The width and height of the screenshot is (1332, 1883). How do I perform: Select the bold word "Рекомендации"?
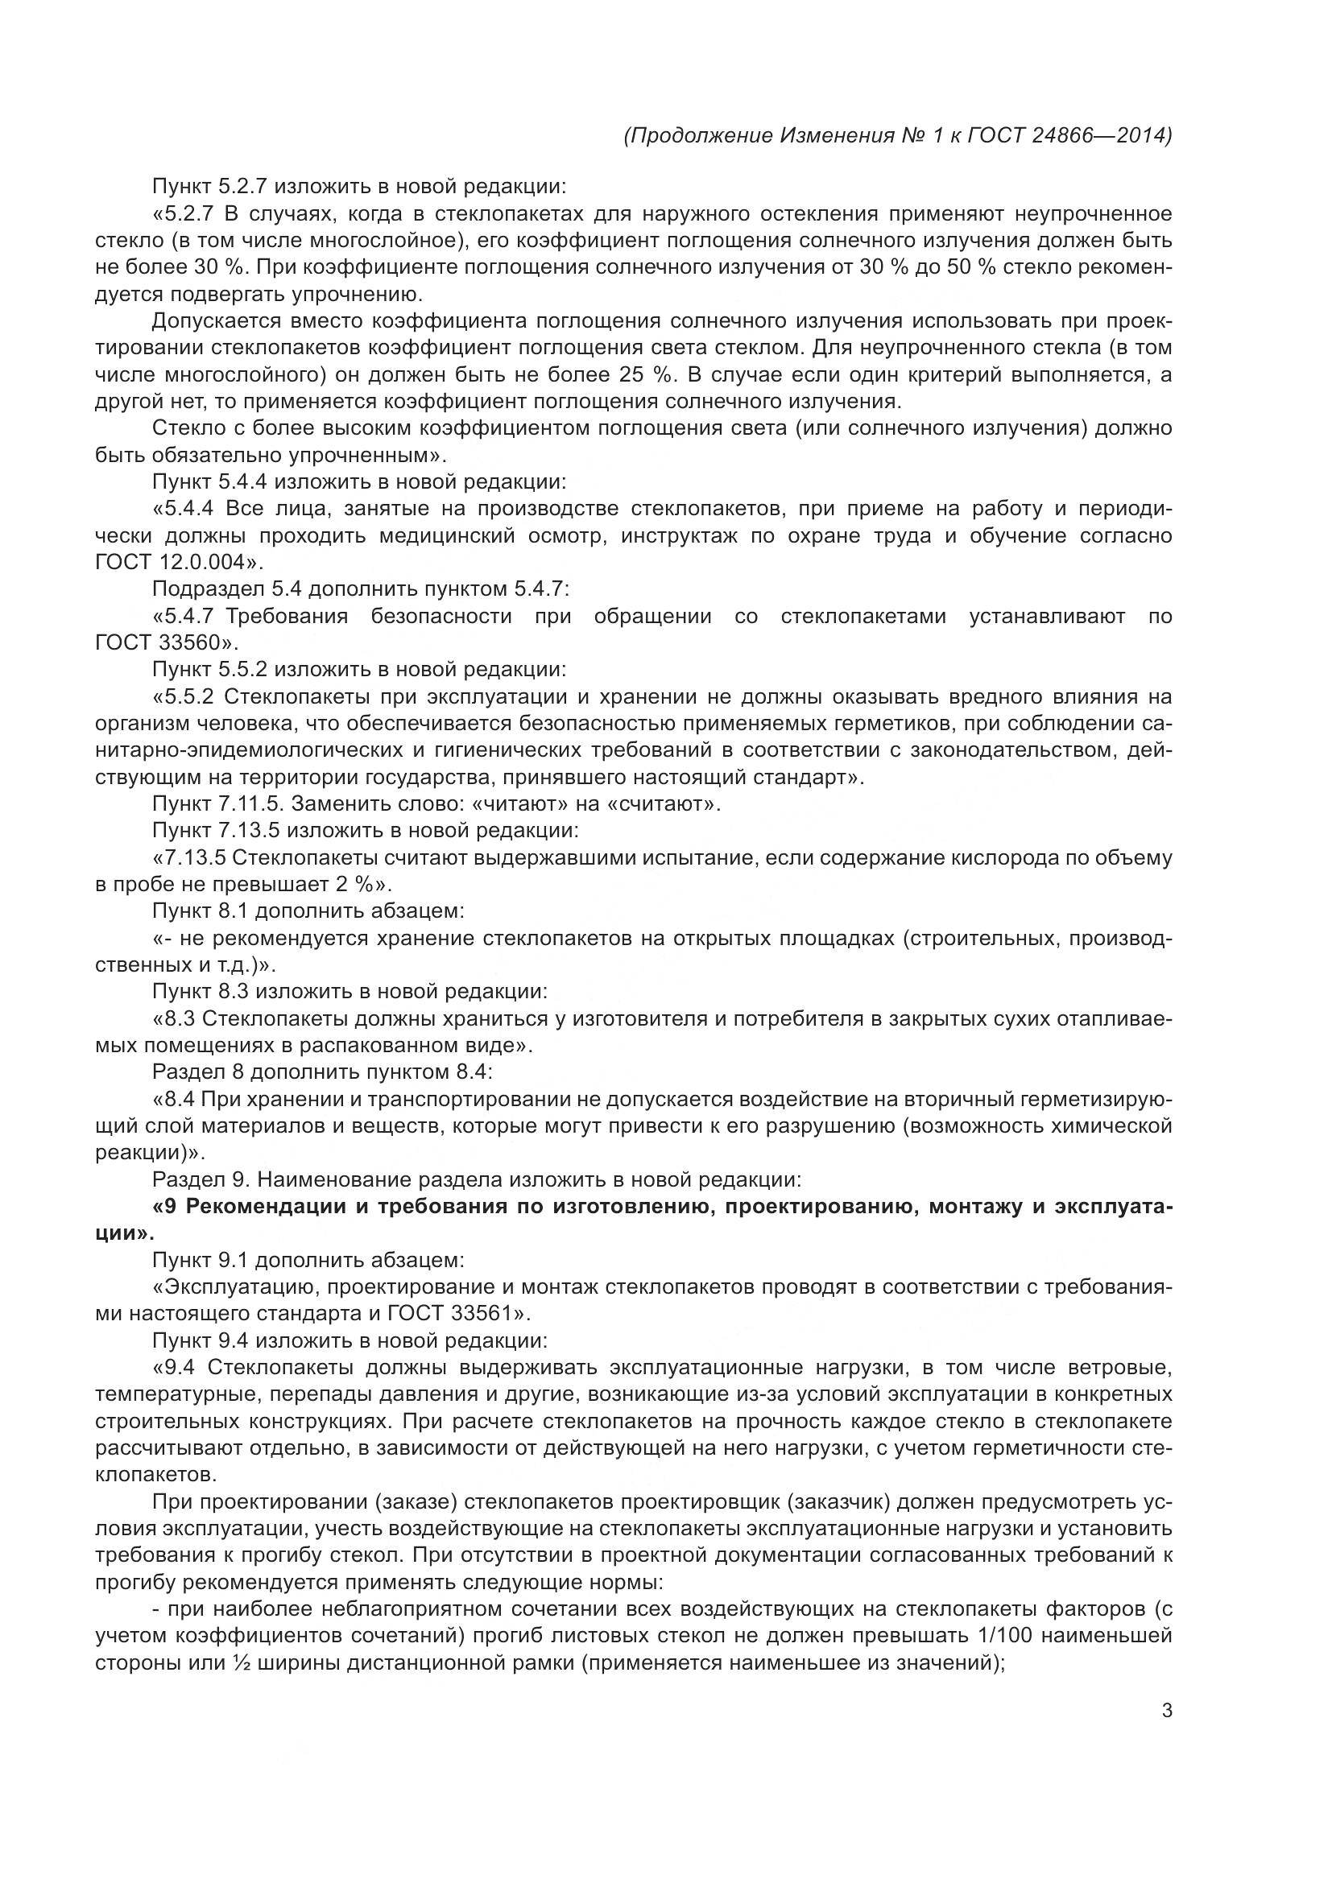267,1208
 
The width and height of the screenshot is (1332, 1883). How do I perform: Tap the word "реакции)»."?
148,1152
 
